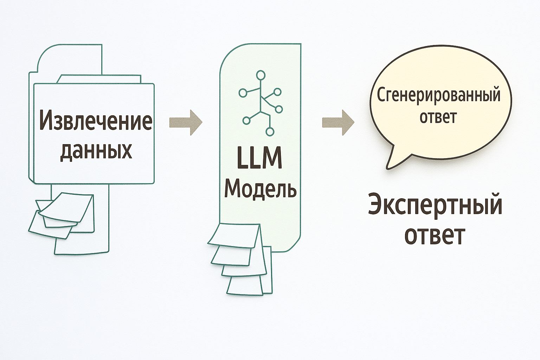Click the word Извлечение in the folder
(x=96, y=121)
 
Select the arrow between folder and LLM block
(x=186, y=122)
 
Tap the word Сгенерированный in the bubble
(x=438, y=95)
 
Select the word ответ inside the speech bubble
(x=438, y=117)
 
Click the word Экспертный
(x=435, y=205)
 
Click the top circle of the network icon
(x=261, y=75)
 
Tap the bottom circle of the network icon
(x=270, y=131)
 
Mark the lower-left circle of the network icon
(x=246, y=121)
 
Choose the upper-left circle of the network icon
(x=243, y=93)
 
